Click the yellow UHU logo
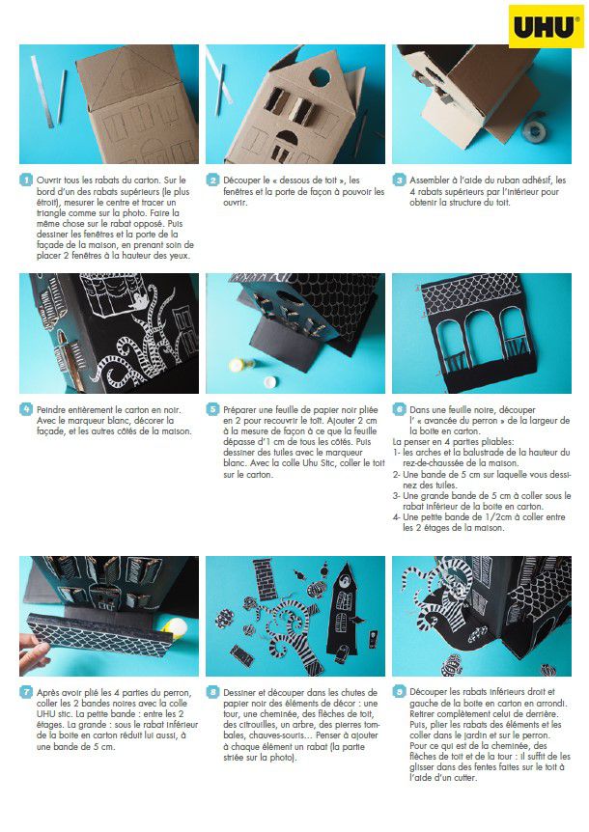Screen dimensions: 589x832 (x=546, y=26)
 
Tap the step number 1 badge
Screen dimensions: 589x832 (x=26, y=180)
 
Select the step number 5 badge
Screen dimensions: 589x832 (x=212, y=409)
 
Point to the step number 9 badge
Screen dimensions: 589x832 (x=399, y=691)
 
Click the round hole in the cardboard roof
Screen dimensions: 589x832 (x=320, y=77)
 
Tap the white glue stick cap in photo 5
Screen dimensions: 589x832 (x=269, y=381)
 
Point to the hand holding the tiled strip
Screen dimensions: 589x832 (x=34, y=653)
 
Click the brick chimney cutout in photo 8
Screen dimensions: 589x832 (x=265, y=578)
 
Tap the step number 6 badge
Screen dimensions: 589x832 (x=399, y=409)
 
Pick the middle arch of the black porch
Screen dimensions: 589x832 (x=479, y=333)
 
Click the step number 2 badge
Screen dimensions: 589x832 (x=212, y=180)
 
